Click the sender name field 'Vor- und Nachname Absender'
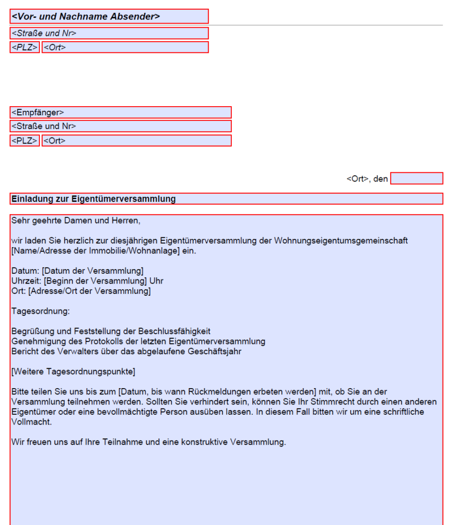tap(109, 16)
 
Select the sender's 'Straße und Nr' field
tap(109, 33)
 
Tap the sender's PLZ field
tap(25, 47)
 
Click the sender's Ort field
tap(125, 47)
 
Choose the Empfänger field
tap(121, 112)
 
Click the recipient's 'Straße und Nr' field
tap(121, 126)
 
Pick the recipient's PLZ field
tap(25, 140)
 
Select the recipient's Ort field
tap(136, 140)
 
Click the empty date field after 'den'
tap(416, 178)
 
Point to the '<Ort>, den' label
tap(367, 179)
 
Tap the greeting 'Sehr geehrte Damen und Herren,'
tap(75, 221)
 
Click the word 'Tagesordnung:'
tap(40, 311)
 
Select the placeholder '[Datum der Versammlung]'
tap(92, 271)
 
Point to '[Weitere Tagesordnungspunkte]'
tap(73, 371)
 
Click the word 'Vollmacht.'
tap(31, 422)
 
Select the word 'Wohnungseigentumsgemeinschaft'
tap(341, 241)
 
